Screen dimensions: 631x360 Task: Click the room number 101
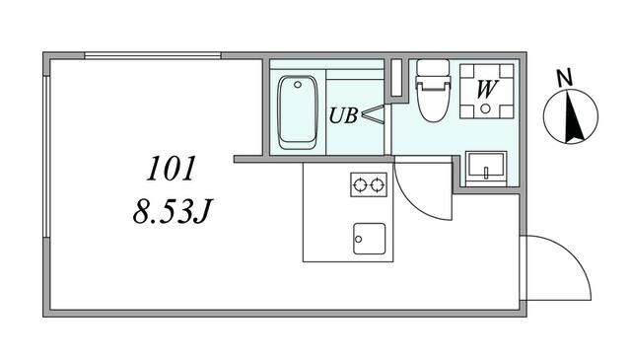(x=171, y=169)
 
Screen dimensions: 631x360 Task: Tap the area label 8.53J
(x=172, y=212)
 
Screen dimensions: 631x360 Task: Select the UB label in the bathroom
(x=343, y=115)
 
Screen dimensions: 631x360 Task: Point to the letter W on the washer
(x=487, y=89)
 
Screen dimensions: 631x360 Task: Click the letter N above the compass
(x=565, y=78)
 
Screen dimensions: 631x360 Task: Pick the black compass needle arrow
(x=573, y=117)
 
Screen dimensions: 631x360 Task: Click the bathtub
(x=298, y=112)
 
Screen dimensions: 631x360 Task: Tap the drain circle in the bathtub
(x=298, y=85)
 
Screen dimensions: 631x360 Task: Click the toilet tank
(x=433, y=68)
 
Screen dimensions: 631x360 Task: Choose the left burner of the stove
(x=359, y=184)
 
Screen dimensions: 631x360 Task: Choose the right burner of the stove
(x=378, y=184)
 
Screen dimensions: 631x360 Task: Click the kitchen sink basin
(x=370, y=239)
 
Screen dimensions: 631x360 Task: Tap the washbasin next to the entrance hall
(x=486, y=166)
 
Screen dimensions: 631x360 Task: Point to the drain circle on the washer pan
(x=486, y=108)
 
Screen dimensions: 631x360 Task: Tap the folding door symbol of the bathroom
(x=374, y=113)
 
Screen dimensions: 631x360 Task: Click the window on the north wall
(x=153, y=55)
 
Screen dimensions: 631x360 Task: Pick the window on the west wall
(x=46, y=156)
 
